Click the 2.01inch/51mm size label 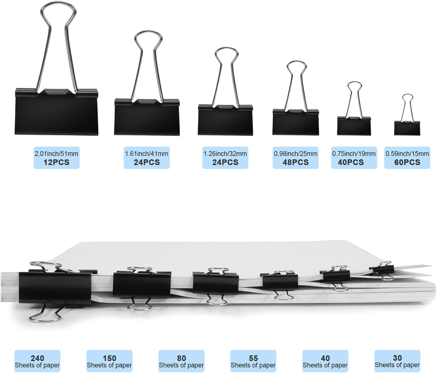(57, 154)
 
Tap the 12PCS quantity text (57, 162)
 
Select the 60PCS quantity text (407, 162)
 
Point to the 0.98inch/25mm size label (296, 154)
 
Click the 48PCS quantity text (296, 162)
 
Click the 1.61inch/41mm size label (147, 154)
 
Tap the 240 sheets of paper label (37, 361)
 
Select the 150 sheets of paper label (109, 361)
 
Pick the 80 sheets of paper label (182, 361)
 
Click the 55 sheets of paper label (253, 361)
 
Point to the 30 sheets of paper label (397, 361)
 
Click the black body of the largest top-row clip (57, 112)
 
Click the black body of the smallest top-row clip (407, 128)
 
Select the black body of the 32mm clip (225, 119)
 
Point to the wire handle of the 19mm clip (354, 99)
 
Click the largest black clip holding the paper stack (55, 288)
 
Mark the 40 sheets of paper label (325, 361)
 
